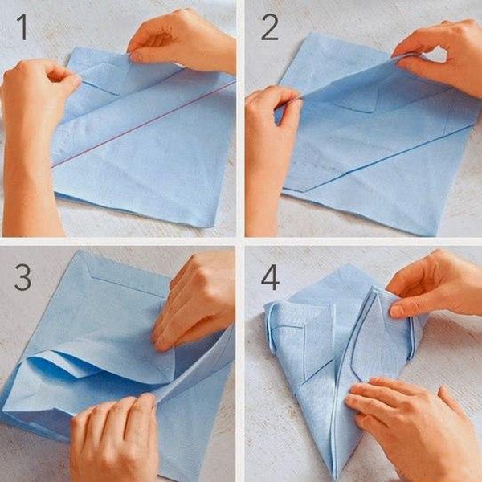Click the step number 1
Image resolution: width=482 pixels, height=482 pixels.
pos(22,27)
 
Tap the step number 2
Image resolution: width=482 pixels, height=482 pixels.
pos(270,27)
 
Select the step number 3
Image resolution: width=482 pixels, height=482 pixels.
pos(22,277)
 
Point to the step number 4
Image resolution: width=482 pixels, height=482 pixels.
pos(270,278)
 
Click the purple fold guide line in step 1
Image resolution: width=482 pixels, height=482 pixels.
pos(143,125)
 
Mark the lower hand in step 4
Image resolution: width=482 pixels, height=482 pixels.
pos(412,427)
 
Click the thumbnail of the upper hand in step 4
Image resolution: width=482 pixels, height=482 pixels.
pos(396,311)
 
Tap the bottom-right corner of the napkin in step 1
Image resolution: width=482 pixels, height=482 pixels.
pos(206,227)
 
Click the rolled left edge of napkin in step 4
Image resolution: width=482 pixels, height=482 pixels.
pos(270,326)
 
